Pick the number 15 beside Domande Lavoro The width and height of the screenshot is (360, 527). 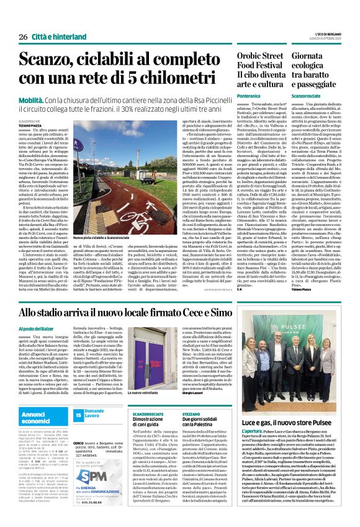[x=78, y=413]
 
